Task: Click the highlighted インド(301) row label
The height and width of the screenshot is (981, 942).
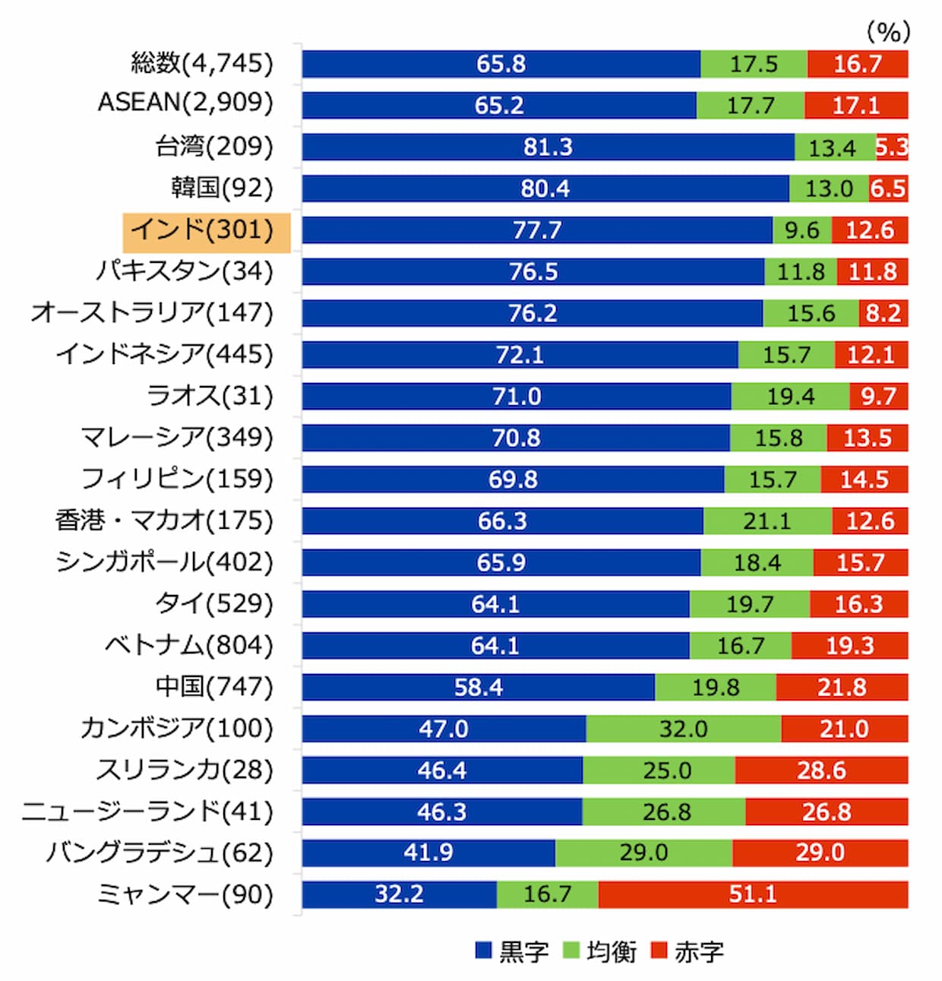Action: [x=206, y=230]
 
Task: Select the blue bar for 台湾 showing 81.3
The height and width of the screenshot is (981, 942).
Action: [x=547, y=147]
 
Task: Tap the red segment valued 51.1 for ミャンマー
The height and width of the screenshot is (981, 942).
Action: [x=752, y=894]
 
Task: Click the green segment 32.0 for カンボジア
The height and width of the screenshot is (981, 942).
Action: [x=683, y=729]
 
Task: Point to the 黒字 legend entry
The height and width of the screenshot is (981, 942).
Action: [x=511, y=951]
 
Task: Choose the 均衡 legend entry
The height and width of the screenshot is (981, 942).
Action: [x=599, y=951]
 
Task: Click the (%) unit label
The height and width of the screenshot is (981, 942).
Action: [x=887, y=32]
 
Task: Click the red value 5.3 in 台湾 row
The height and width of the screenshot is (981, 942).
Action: [x=892, y=147]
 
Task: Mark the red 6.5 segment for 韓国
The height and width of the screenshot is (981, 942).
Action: [x=888, y=188]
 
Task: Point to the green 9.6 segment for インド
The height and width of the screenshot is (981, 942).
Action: [x=801, y=230]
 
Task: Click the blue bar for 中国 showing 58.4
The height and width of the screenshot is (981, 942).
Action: [x=478, y=687]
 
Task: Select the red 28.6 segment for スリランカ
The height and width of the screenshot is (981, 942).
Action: [x=821, y=771]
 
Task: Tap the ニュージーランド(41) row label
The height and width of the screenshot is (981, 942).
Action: [x=147, y=812]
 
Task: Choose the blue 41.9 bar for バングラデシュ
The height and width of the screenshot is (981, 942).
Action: [x=428, y=853]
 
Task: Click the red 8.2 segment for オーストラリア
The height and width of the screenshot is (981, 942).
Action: [x=883, y=313]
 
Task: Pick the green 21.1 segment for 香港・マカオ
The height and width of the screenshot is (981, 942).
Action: [x=767, y=521]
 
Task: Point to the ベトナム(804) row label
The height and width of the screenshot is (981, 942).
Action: [x=188, y=645]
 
